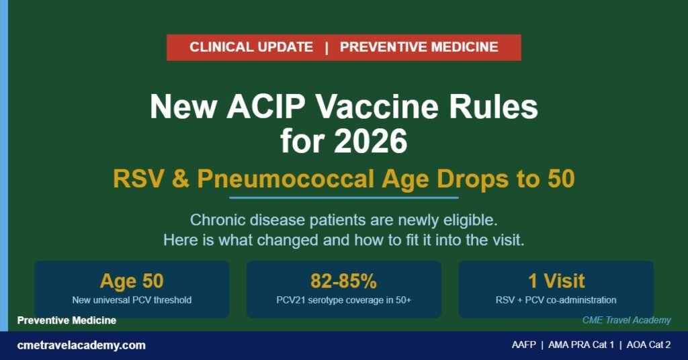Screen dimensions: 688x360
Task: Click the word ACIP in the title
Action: [x=265, y=107]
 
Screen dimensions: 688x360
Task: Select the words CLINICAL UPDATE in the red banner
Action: [x=251, y=47]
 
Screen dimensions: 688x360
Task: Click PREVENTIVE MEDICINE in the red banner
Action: [x=419, y=47]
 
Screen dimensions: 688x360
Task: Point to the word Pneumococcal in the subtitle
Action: [x=286, y=179]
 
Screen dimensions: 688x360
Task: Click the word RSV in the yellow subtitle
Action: [x=139, y=179]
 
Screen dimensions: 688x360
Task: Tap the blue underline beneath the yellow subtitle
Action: [x=343, y=197]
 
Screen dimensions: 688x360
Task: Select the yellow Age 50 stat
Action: [x=132, y=281]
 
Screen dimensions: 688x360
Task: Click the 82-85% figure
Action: [x=343, y=281]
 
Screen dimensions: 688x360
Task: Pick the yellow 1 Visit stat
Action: [x=556, y=281]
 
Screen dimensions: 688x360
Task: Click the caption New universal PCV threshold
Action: [x=132, y=300]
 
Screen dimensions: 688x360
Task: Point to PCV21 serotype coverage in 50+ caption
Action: [x=343, y=300]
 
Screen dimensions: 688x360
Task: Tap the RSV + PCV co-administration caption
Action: [x=556, y=300]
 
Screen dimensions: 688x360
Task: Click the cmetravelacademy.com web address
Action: [x=81, y=345]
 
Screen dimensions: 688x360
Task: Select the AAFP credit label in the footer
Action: [x=523, y=345]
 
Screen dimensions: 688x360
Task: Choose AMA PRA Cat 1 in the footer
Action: [x=581, y=345]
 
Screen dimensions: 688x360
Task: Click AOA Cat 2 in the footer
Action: [x=648, y=345]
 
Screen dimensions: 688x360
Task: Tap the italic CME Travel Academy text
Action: [x=627, y=320]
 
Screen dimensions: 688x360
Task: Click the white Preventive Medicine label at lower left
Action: [x=67, y=320]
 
